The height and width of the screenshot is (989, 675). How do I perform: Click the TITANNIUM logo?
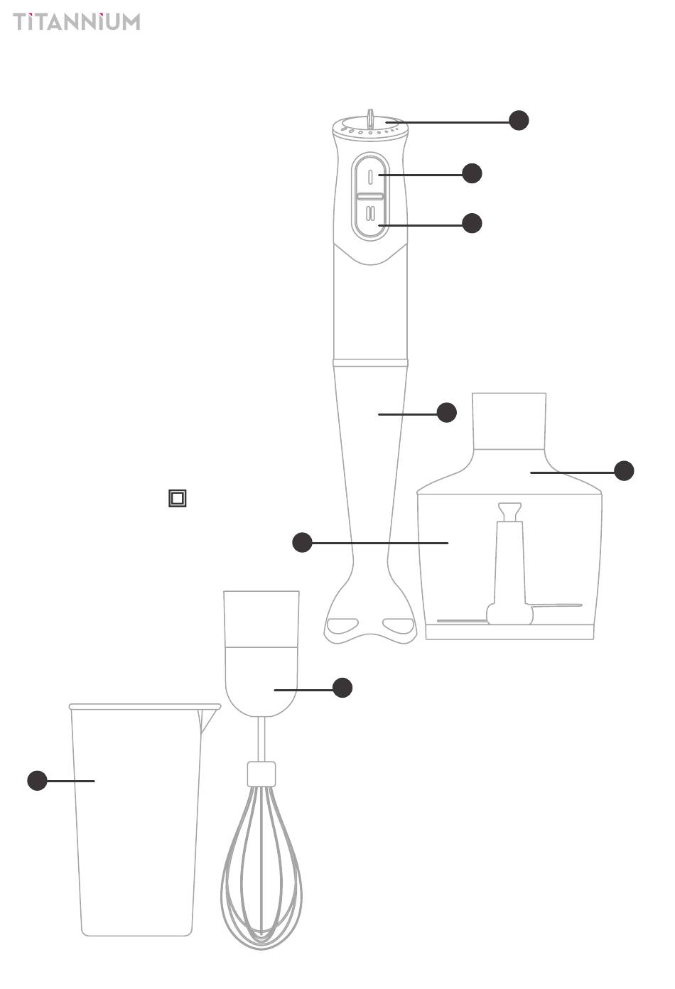click(77, 21)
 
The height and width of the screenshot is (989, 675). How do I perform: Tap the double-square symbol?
click(178, 498)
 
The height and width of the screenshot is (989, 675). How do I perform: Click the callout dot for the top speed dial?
click(519, 120)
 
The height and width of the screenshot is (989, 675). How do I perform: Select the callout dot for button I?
click(472, 173)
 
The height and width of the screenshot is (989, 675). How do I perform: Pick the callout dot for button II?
click(472, 223)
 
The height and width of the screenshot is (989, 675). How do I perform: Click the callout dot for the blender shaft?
click(447, 412)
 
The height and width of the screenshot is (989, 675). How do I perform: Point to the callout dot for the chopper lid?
click(625, 470)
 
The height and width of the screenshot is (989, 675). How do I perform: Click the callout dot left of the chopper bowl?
click(303, 542)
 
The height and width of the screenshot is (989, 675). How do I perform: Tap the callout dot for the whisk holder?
click(342, 688)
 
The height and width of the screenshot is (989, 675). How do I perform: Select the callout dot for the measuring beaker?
click(37, 781)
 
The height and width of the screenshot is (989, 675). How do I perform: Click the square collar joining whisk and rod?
click(261, 774)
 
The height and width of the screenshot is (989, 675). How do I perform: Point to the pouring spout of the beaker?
click(208, 719)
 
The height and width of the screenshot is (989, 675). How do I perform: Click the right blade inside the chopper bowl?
click(557, 606)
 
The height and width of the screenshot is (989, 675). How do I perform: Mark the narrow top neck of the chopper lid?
click(509, 421)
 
